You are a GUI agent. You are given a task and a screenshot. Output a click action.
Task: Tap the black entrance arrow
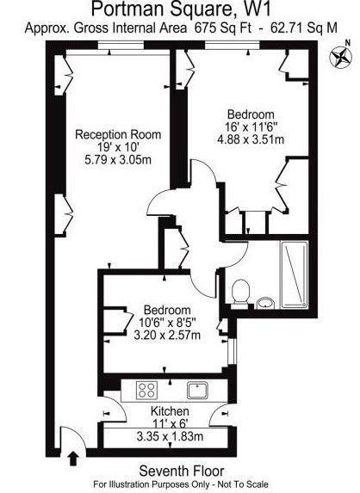(x=73, y=459)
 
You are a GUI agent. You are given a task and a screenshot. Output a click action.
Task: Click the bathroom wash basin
(x=265, y=304)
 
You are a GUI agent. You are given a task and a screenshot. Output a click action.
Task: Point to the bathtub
(x=295, y=274)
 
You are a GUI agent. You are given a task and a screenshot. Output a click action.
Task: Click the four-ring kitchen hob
(x=146, y=390)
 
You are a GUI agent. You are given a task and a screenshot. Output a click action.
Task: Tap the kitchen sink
(x=197, y=390)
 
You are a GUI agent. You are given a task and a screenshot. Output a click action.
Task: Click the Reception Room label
(x=118, y=134)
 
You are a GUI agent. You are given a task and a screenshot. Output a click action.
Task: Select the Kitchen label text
(x=170, y=411)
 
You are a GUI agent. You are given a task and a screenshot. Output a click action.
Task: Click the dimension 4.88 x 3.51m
(x=251, y=139)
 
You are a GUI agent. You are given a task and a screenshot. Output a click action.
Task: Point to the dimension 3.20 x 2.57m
(x=167, y=335)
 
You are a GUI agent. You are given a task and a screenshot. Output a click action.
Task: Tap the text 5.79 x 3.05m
(x=118, y=160)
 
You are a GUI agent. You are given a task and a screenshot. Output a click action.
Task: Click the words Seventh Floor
(x=182, y=471)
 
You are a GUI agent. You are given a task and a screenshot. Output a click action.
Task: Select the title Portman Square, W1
(x=181, y=9)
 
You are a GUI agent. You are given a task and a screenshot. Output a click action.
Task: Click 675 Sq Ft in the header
(x=223, y=28)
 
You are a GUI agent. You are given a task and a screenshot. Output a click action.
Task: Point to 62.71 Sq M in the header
(x=304, y=28)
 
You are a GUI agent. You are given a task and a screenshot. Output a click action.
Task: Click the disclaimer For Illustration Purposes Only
(x=152, y=484)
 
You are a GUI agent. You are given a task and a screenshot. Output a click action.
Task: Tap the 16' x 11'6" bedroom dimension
(x=251, y=126)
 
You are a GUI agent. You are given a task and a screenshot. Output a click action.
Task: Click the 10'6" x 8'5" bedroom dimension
(x=167, y=323)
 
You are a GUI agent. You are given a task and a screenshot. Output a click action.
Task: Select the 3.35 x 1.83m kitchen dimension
(x=170, y=436)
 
